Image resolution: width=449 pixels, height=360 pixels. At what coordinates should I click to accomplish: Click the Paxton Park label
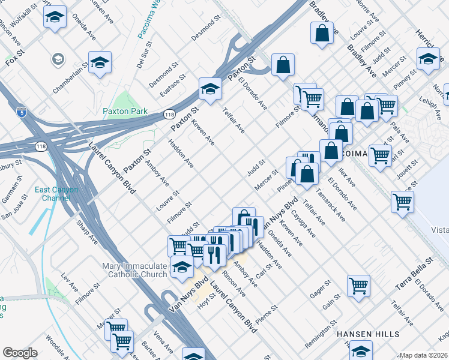[x=125, y=111]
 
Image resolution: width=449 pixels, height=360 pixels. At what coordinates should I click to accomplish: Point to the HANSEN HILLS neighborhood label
[x=368, y=334]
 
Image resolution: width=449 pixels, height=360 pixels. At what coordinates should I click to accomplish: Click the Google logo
[x=20, y=353]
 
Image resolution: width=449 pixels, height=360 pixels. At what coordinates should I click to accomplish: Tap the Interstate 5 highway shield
[x=22, y=111]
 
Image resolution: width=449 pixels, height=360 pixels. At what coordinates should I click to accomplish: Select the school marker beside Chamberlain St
[x=100, y=62]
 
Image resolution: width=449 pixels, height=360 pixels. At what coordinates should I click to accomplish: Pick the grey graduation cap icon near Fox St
[x=58, y=59]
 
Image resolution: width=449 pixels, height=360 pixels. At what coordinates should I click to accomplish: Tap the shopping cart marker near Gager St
[x=358, y=285]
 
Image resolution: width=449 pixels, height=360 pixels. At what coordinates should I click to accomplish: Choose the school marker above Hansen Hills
[x=361, y=350]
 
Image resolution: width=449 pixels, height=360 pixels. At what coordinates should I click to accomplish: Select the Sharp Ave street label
[x=86, y=231]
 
